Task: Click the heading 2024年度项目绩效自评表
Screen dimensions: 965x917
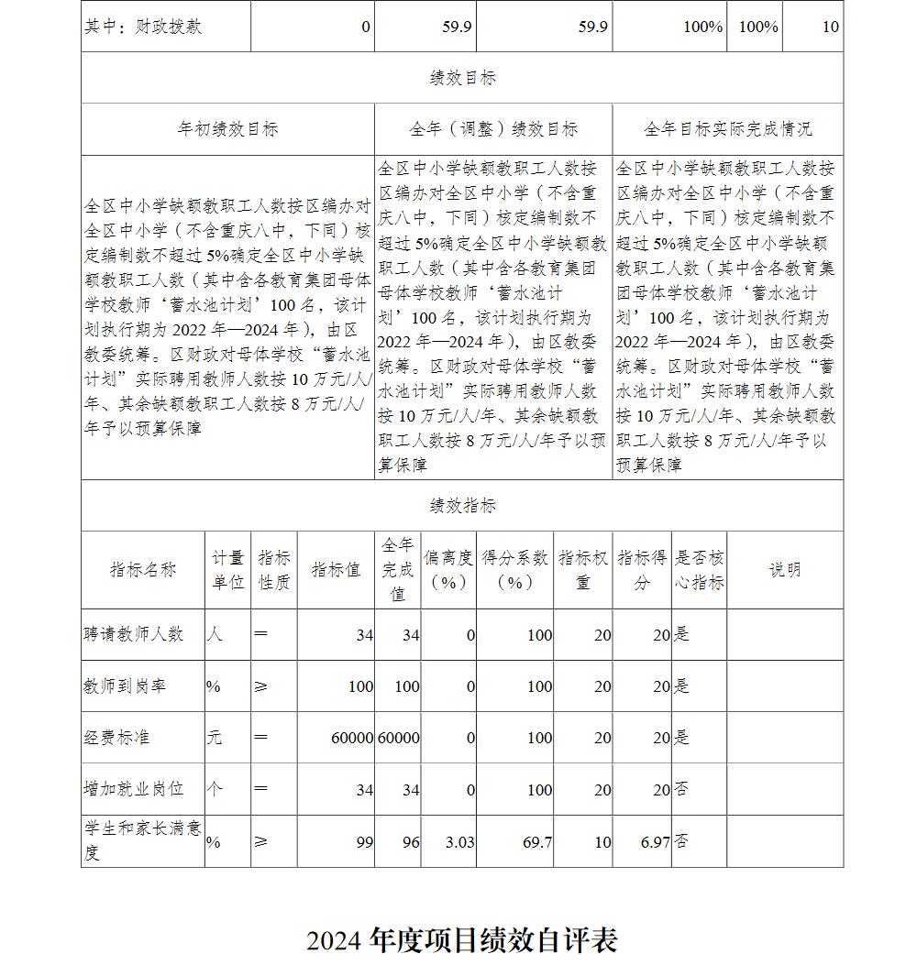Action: click(x=462, y=939)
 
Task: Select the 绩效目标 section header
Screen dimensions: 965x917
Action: click(x=462, y=79)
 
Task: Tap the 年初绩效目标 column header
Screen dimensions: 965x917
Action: click(x=227, y=129)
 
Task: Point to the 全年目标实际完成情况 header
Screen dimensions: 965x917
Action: click(x=727, y=129)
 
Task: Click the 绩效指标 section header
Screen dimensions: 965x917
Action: click(x=462, y=506)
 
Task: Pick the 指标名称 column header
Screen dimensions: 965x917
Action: click(x=143, y=570)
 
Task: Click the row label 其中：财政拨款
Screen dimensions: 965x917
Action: click(x=142, y=27)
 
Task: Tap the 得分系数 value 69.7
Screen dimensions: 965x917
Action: click(x=537, y=841)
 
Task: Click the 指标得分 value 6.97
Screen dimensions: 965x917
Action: click(x=655, y=841)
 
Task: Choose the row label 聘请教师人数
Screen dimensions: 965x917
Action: click(x=134, y=634)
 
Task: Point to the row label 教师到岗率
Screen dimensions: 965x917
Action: click(x=126, y=686)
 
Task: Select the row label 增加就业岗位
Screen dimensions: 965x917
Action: click(x=134, y=789)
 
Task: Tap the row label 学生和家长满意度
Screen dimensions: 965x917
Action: click(x=142, y=841)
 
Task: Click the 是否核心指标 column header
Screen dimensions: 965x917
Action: click(x=699, y=570)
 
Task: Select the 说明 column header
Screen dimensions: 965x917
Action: click(x=785, y=570)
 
